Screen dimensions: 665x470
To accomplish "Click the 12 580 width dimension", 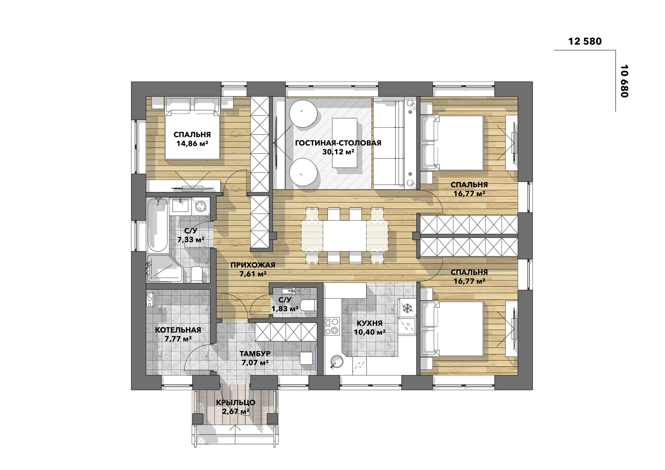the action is [585, 41].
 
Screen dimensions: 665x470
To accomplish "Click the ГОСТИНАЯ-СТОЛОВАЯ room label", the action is [338, 143].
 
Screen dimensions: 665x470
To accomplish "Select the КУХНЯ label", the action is [370, 323].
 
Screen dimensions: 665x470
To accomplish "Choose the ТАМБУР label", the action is [255, 354].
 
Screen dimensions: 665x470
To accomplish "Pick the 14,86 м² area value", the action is [193, 143].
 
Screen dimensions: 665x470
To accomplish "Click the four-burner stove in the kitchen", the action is [332, 326].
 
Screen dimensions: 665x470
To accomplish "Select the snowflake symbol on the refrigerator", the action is [407, 308].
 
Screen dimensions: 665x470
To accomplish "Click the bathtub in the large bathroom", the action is [157, 224].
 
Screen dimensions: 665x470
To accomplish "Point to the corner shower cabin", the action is [164, 268].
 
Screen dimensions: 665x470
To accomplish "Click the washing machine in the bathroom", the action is [201, 206].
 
